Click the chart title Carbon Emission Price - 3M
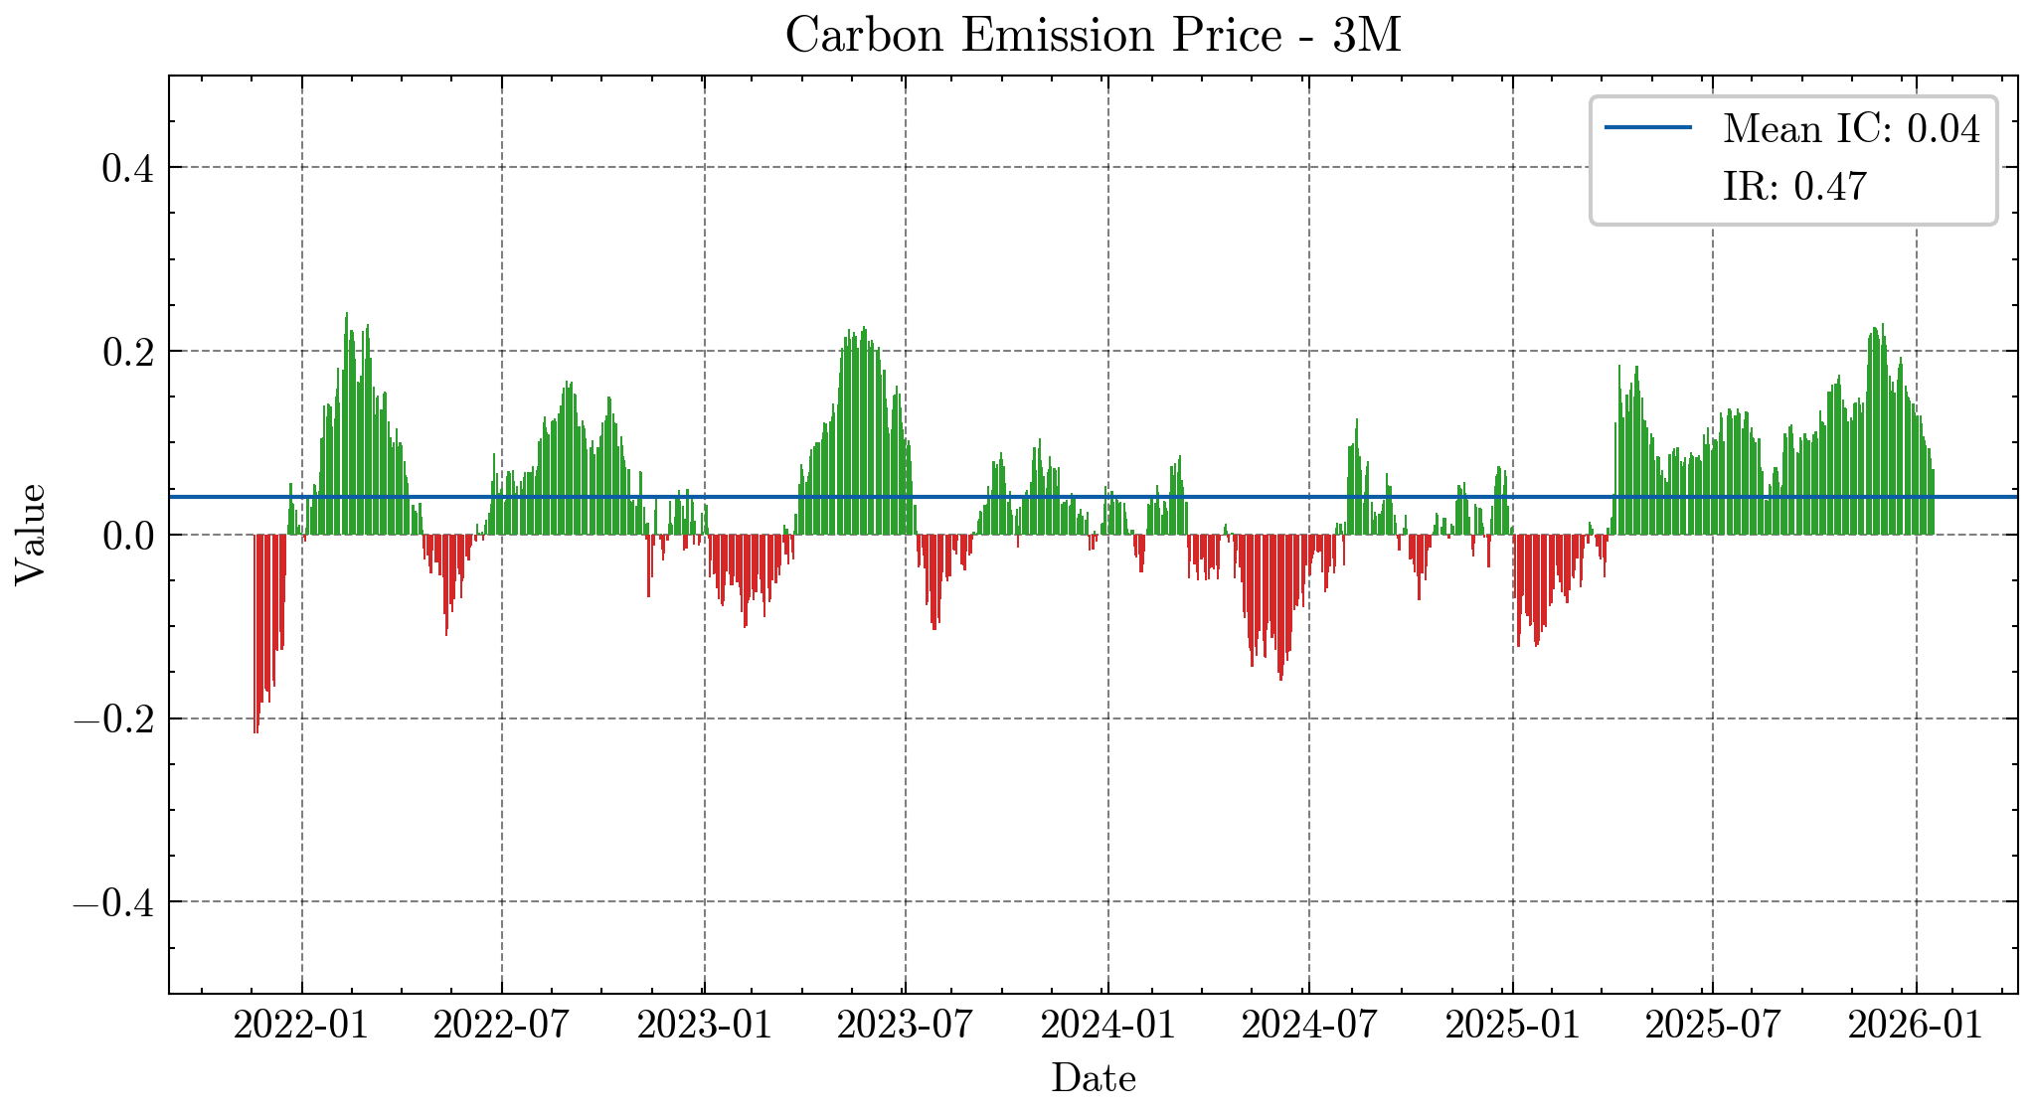(x=1093, y=37)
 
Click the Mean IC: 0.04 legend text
(x=1851, y=129)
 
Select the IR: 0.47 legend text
(x=1794, y=187)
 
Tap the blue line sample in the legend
(x=1648, y=128)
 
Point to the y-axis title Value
(x=30, y=535)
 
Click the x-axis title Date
(x=1093, y=1078)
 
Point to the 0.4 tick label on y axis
(x=128, y=168)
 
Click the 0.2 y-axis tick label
(x=128, y=352)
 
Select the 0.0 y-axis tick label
(x=128, y=536)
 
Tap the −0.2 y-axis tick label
(x=113, y=719)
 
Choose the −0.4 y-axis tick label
(x=113, y=903)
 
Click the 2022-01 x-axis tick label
(x=301, y=1025)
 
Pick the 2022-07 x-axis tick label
(x=501, y=1025)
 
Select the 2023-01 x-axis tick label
(x=705, y=1025)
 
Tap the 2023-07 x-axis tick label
(x=905, y=1025)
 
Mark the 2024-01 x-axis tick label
(x=1108, y=1025)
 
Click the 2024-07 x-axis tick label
(x=1309, y=1025)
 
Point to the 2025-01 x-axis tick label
(x=1513, y=1025)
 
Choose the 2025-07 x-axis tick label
(x=1713, y=1025)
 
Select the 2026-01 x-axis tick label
(x=1916, y=1025)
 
